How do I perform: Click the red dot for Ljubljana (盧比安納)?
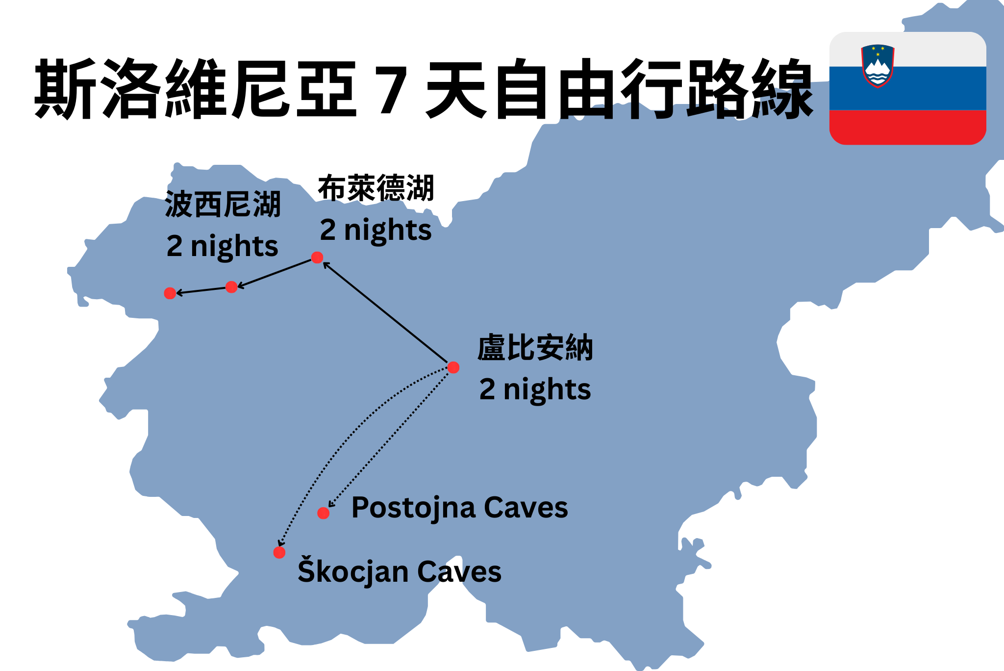coord(453,367)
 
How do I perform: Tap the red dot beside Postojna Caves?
coord(323,513)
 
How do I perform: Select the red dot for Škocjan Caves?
coord(279,553)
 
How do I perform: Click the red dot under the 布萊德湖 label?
coord(317,258)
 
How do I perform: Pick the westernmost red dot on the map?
coord(170,293)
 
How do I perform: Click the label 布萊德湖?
coord(376,188)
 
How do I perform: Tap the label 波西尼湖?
coord(223,204)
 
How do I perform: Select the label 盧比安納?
coord(535,348)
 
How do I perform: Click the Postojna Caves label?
coord(459,508)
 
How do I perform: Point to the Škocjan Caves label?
coord(399,572)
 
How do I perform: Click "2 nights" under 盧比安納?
coord(535,389)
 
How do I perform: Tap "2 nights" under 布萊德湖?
coord(376,230)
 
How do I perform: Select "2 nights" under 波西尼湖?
coord(222,246)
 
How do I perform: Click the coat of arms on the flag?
coord(878,66)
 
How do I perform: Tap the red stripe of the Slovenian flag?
coord(907,127)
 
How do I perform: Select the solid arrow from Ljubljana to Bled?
coord(385,312)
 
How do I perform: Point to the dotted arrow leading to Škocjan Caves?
coord(343,441)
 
